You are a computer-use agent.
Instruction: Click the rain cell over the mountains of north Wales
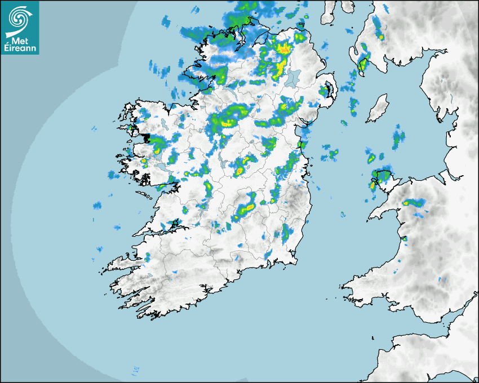(x=414, y=203)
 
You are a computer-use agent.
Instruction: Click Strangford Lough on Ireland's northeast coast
(x=327, y=90)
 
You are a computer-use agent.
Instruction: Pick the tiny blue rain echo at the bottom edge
(x=135, y=370)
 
